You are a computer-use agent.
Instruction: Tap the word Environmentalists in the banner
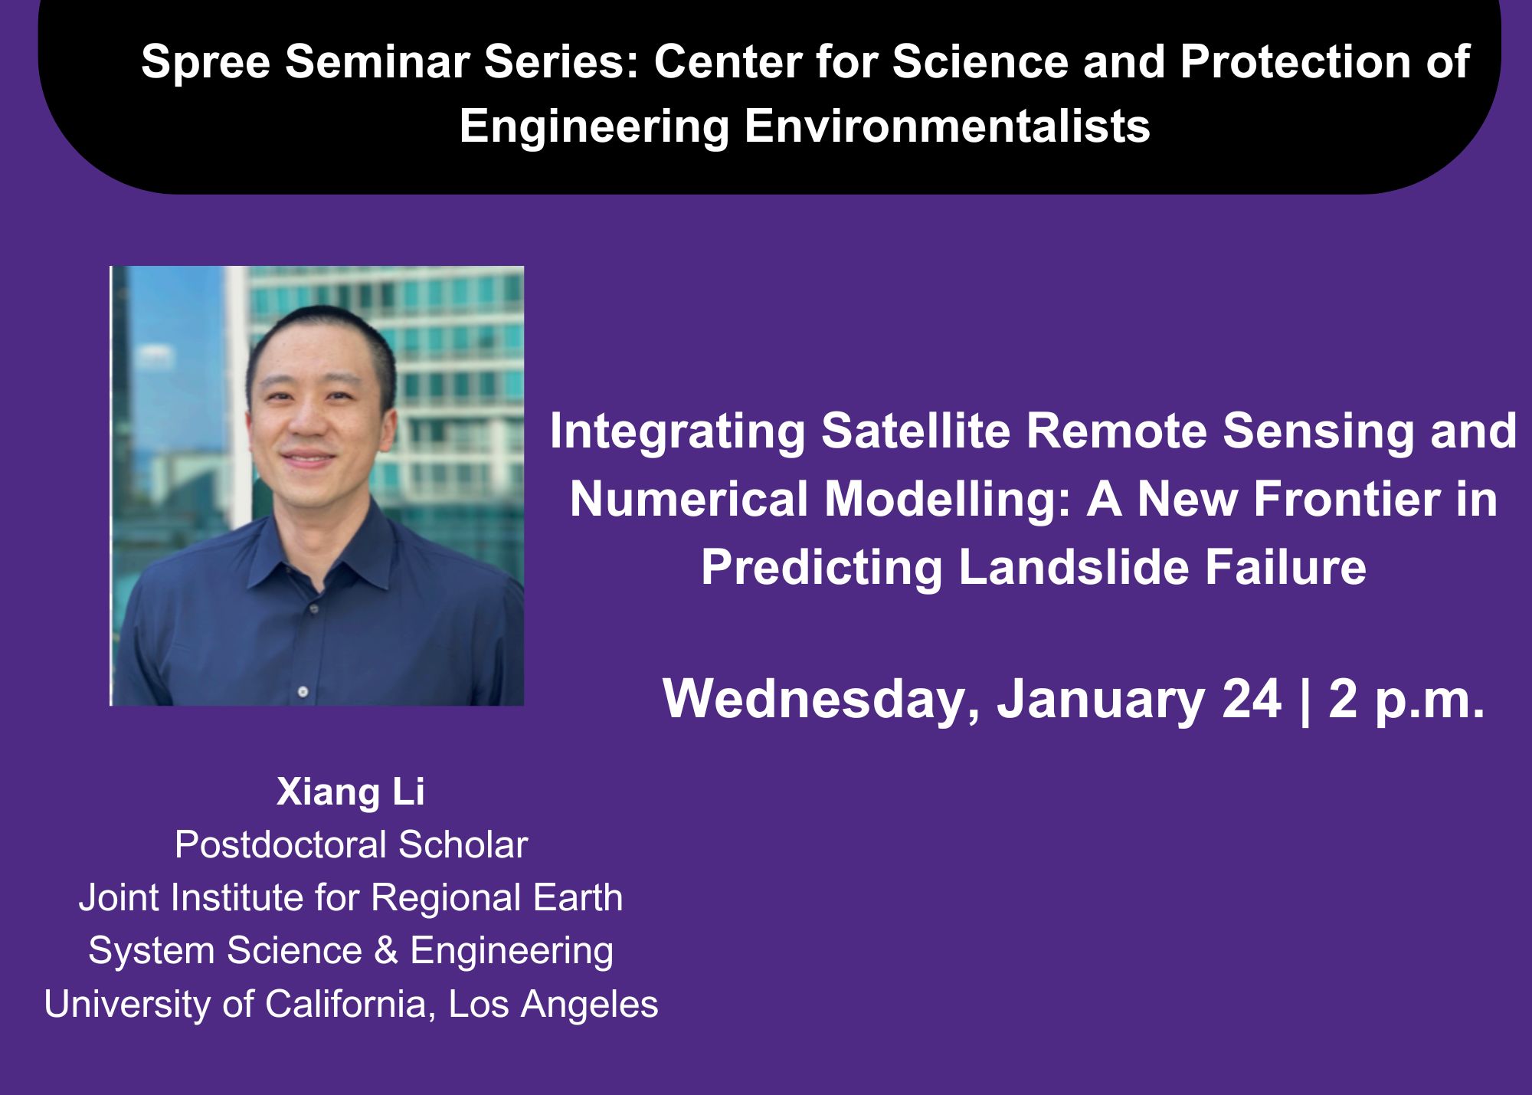point(947,126)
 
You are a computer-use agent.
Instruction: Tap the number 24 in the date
point(1252,700)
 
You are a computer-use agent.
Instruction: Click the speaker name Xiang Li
point(350,792)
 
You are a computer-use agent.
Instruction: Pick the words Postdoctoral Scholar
point(351,844)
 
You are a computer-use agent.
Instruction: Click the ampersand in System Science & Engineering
point(386,951)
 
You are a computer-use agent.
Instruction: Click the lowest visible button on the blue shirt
point(303,691)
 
